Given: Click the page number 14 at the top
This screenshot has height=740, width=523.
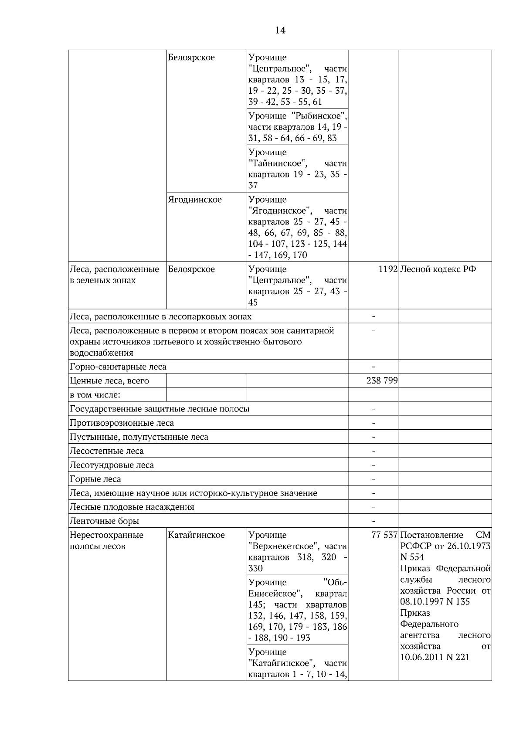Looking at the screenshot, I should click(x=280, y=30).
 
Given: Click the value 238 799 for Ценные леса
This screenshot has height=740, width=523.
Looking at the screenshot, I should click(x=382, y=381).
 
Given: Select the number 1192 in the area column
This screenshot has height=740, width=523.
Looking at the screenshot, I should click(x=388, y=269).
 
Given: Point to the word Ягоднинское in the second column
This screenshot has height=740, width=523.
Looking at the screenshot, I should click(x=195, y=200).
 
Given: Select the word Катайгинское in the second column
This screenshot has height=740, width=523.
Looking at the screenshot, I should click(x=197, y=535).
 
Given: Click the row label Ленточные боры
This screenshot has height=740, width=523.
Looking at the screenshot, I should click(x=105, y=521).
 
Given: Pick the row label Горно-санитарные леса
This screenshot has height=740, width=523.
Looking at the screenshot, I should click(x=118, y=367).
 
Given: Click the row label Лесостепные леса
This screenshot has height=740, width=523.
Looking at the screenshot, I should click(x=107, y=451).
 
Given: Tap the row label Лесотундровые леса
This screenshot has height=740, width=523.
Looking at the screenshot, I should click(x=112, y=465).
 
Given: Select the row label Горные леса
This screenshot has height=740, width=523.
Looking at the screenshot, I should click(x=95, y=479).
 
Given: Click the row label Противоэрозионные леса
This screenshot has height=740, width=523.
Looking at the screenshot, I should click(x=122, y=423).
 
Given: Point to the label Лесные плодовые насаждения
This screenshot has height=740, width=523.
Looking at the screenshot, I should click(x=132, y=507).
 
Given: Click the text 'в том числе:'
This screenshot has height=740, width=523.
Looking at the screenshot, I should click(x=95, y=395).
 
